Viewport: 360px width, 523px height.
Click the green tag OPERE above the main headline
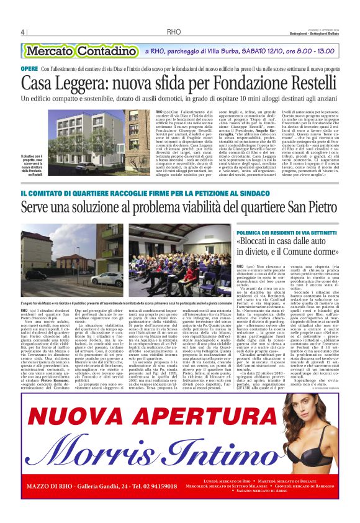click(x=29, y=68)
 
